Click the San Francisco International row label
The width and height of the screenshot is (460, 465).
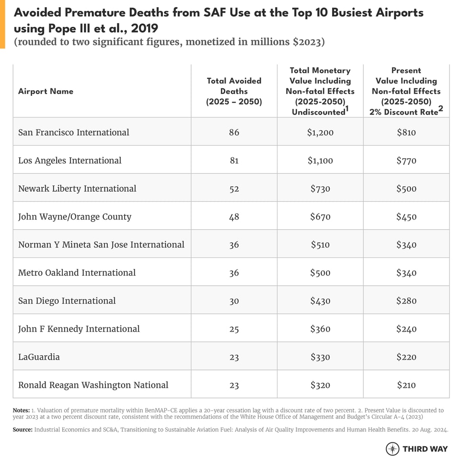click(x=74, y=132)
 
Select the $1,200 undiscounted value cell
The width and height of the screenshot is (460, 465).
click(x=320, y=132)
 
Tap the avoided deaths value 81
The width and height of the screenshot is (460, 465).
click(x=234, y=161)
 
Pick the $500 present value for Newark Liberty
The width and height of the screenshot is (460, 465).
click(x=406, y=188)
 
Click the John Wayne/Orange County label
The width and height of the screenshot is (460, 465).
click(x=75, y=217)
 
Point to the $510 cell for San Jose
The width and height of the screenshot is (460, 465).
click(x=320, y=244)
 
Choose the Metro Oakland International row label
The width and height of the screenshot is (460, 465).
click(x=77, y=273)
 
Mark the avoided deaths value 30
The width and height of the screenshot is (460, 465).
click(x=234, y=301)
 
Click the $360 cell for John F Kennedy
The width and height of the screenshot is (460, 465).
click(x=320, y=329)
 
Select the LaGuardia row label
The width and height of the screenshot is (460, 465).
click(x=39, y=357)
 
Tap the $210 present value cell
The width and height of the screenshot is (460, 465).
click(x=406, y=385)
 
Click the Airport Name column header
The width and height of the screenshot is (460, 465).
click(x=46, y=91)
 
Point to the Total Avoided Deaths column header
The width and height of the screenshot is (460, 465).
click(x=234, y=91)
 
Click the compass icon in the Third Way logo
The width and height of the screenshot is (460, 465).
click(x=392, y=449)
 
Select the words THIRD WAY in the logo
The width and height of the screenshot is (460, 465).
click(x=425, y=449)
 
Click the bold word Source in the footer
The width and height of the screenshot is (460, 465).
click(x=23, y=430)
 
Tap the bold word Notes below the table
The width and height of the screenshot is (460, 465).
click(x=21, y=410)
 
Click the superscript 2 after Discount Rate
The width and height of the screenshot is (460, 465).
click(x=441, y=109)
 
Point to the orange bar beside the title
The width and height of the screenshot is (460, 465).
click(x=2, y=24)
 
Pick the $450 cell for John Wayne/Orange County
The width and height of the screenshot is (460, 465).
click(x=406, y=217)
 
